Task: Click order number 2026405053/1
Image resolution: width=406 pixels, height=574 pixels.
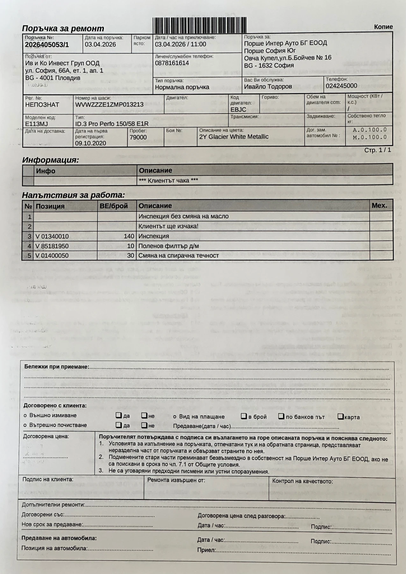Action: [x=47, y=45]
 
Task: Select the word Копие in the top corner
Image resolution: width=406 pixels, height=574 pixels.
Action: [x=383, y=27]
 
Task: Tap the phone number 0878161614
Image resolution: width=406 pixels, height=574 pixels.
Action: [x=172, y=63]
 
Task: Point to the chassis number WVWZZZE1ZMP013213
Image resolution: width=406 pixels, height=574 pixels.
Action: [x=109, y=105]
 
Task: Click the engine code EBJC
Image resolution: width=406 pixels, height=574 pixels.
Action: [x=238, y=110]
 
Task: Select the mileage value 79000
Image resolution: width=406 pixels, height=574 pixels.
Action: [x=138, y=137]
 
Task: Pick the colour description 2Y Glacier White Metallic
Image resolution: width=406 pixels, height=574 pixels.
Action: [x=234, y=137]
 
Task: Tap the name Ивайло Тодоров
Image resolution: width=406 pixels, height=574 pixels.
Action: [x=268, y=86]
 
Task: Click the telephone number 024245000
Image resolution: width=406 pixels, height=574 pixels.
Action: [x=341, y=86]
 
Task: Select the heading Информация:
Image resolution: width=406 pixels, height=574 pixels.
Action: [x=50, y=160]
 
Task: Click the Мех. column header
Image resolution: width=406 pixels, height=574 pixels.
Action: [x=379, y=205]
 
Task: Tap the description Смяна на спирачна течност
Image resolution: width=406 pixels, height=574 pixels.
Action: [x=179, y=256]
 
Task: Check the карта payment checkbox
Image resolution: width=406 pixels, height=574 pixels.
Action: [x=340, y=416]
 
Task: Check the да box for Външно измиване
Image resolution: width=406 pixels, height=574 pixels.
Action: [x=118, y=416]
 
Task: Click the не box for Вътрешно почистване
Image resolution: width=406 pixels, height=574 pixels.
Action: [x=144, y=425]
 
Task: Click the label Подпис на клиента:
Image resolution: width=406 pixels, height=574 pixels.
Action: [x=48, y=479]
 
